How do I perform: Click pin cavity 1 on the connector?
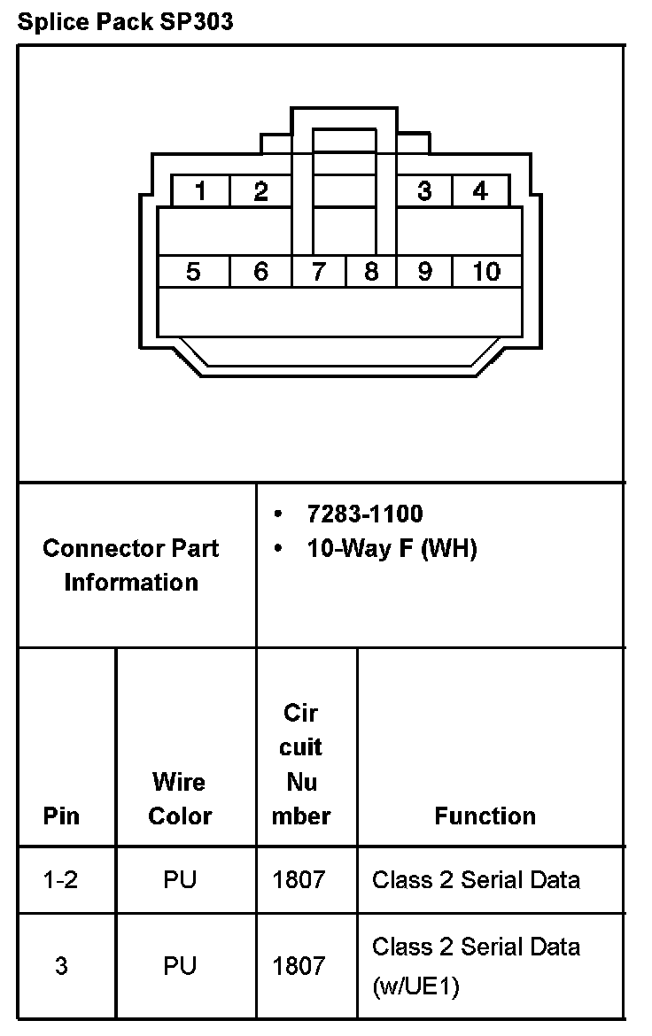tap(201, 191)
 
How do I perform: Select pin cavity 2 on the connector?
tap(260, 191)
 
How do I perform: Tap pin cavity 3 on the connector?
tap(424, 191)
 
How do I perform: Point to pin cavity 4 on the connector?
tap(480, 191)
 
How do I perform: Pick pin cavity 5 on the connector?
tap(193, 272)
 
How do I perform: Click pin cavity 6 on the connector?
tap(260, 272)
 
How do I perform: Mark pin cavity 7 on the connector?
tap(318, 272)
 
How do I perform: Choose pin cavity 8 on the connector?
tap(371, 272)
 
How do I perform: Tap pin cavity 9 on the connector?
tap(424, 272)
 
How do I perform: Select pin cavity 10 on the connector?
tap(485, 272)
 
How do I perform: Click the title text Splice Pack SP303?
tap(125, 22)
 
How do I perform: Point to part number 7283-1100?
tap(365, 514)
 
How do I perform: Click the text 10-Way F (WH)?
tap(392, 549)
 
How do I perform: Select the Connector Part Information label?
tap(131, 565)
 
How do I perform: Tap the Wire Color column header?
tap(180, 799)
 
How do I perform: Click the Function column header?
tap(485, 816)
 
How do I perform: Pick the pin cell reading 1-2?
tap(61, 880)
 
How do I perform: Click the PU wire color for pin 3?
tap(180, 965)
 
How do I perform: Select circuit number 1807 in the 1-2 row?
tap(299, 880)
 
